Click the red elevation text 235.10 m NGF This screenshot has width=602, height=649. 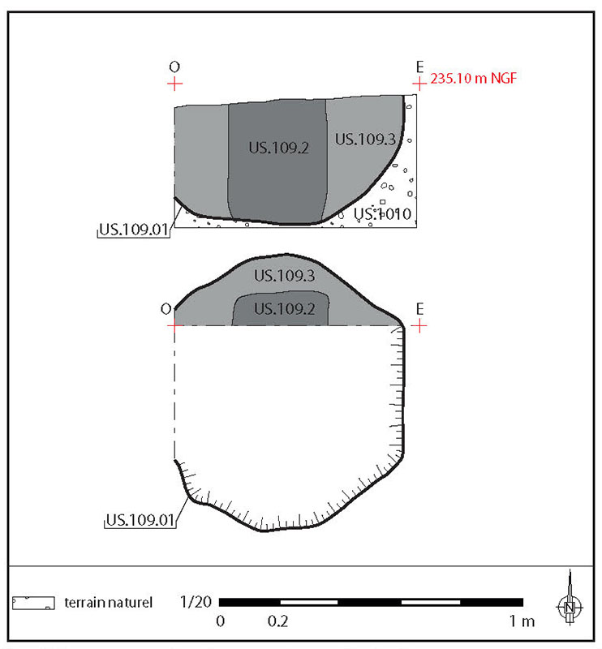pyautogui.click(x=474, y=78)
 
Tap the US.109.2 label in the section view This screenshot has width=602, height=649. pyautogui.click(x=278, y=148)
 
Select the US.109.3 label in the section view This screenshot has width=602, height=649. pyautogui.click(x=365, y=140)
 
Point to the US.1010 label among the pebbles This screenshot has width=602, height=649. pyautogui.click(x=383, y=214)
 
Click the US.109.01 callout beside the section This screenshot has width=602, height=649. pyautogui.click(x=134, y=230)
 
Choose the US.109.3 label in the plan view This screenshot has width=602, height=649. pyautogui.click(x=285, y=276)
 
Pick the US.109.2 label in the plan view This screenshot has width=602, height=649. pyautogui.click(x=285, y=309)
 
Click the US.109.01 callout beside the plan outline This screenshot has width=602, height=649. pyautogui.click(x=140, y=520)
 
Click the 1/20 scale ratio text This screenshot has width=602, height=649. pyautogui.click(x=196, y=602)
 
